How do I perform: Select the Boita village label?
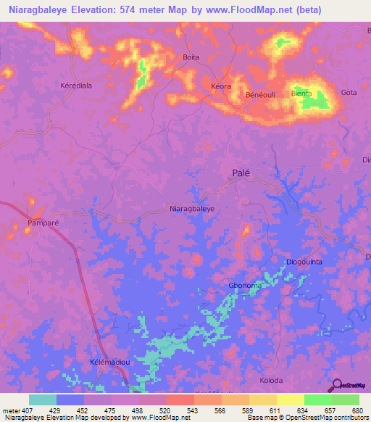coord(191,57)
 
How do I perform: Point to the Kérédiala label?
coord(75,85)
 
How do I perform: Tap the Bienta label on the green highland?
coord(301,94)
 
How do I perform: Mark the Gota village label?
coord(349,93)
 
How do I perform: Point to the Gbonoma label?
coord(245,286)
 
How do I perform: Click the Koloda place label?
coord(271,380)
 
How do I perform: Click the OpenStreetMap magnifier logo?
coord(336,386)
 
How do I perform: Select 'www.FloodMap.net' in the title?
coord(226,10)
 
